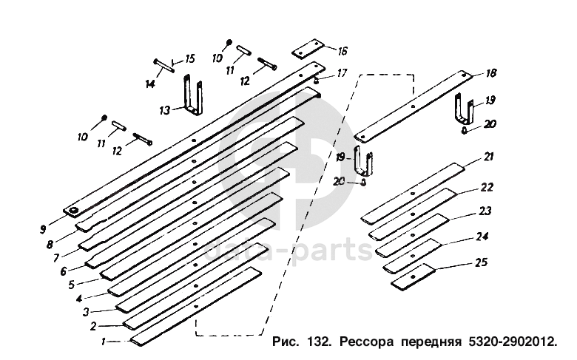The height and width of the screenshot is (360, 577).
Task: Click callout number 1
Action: [104, 342]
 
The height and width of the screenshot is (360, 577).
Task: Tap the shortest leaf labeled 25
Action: [415, 276]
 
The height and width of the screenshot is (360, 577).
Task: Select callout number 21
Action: [489, 157]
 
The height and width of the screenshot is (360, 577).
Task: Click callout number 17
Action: [341, 72]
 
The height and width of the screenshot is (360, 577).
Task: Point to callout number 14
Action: [150, 84]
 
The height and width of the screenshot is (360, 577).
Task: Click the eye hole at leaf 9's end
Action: [75, 213]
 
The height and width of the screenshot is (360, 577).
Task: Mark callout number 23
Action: [485, 211]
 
